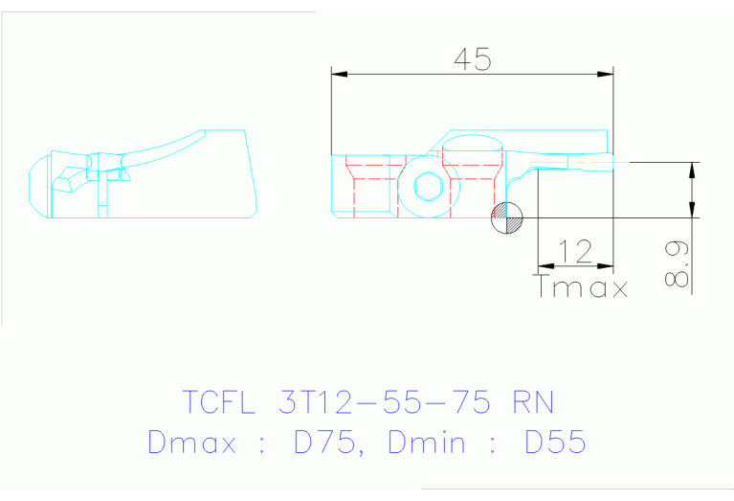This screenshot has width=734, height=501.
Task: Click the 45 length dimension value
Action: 472,58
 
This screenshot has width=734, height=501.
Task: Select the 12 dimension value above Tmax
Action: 575,251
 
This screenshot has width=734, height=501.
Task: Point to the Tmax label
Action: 582,286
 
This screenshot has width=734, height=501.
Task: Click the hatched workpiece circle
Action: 507,218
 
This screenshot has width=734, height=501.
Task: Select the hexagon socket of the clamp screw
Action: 428,187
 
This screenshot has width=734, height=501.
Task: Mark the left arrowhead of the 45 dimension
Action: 338,74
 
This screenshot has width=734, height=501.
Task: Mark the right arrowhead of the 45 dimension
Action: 605,74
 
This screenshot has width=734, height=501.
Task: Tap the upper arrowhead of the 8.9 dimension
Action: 691,169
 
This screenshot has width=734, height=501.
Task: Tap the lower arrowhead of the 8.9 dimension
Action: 691,212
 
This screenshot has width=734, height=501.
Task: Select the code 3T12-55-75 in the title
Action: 388,401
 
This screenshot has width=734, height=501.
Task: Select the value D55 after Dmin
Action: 556,442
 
